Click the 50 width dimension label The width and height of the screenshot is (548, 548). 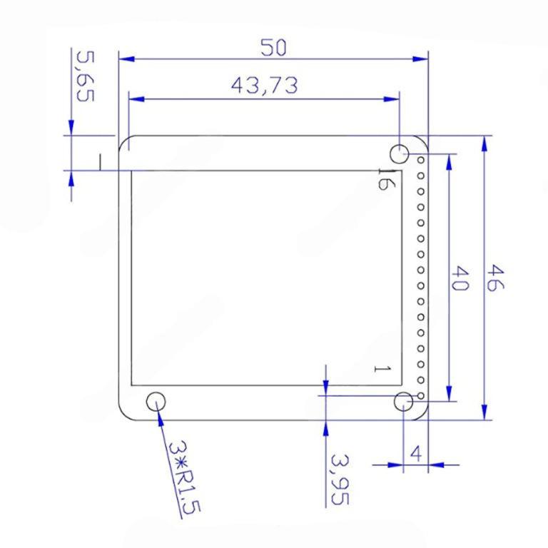pos(273,48)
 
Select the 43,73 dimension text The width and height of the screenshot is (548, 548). pos(265,86)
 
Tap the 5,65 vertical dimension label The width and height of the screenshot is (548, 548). pos(86,76)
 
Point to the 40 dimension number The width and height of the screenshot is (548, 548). pos(460,278)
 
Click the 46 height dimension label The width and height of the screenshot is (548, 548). pos(496,278)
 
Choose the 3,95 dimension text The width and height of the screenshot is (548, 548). pos(340,479)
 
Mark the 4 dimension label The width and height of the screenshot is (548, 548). pos(416,454)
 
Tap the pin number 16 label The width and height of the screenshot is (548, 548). pos(387,179)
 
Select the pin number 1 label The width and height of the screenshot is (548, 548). pos(382,369)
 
